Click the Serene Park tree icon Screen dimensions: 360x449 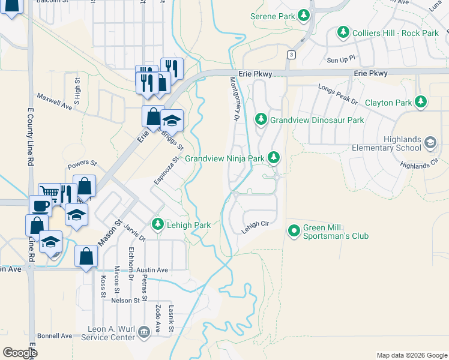click(x=305, y=16)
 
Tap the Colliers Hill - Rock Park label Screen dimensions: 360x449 click(x=396, y=33)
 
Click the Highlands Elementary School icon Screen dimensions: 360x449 click(x=430, y=143)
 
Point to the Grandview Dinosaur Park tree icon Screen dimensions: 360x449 click(x=261, y=120)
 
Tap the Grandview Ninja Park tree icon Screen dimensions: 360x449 click(x=274, y=158)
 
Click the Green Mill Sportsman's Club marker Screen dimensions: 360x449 click(x=294, y=230)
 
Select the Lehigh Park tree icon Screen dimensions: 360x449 click(x=158, y=224)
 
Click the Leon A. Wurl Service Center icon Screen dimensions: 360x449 click(x=143, y=332)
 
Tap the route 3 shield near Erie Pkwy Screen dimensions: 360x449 click(x=291, y=55)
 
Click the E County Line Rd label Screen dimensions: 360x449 click(x=29, y=137)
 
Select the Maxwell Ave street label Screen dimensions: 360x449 click(x=54, y=100)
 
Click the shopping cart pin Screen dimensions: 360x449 click(x=50, y=193)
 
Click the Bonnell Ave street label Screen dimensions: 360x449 click(x=54, y=336)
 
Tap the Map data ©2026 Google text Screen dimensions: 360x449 click(x=411, y=355)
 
